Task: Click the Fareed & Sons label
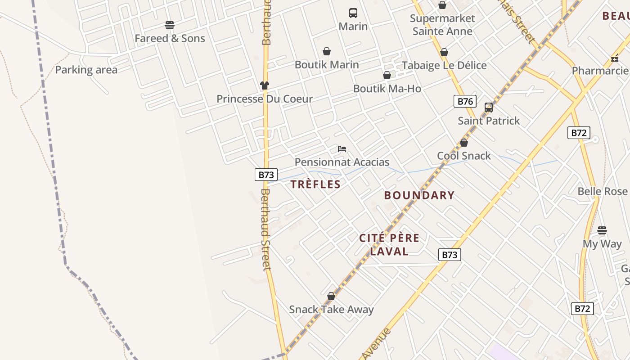coord(170,39)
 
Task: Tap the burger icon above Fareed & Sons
coord(170,25)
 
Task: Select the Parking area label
coord(86,70)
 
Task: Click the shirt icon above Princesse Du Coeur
coord(265,85)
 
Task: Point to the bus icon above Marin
coord(353,13)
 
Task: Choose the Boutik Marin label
coord(327,65)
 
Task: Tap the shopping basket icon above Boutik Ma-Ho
coord(387,75)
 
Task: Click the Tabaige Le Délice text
coord(444,66)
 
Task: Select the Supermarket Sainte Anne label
coord(442,25)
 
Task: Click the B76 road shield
coord(465,101)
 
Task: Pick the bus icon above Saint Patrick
coord(489,107)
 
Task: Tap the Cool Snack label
coord(464,156)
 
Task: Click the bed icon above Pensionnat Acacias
coord(342,148)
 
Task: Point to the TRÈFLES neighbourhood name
coord(315,184)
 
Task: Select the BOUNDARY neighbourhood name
coord(419,195)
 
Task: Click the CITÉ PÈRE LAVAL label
coord(389,244)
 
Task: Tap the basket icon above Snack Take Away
coord(331,296)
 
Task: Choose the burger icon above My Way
coord(602,230)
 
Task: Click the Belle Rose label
coord(603,191)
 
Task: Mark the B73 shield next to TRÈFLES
coord(266,175)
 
